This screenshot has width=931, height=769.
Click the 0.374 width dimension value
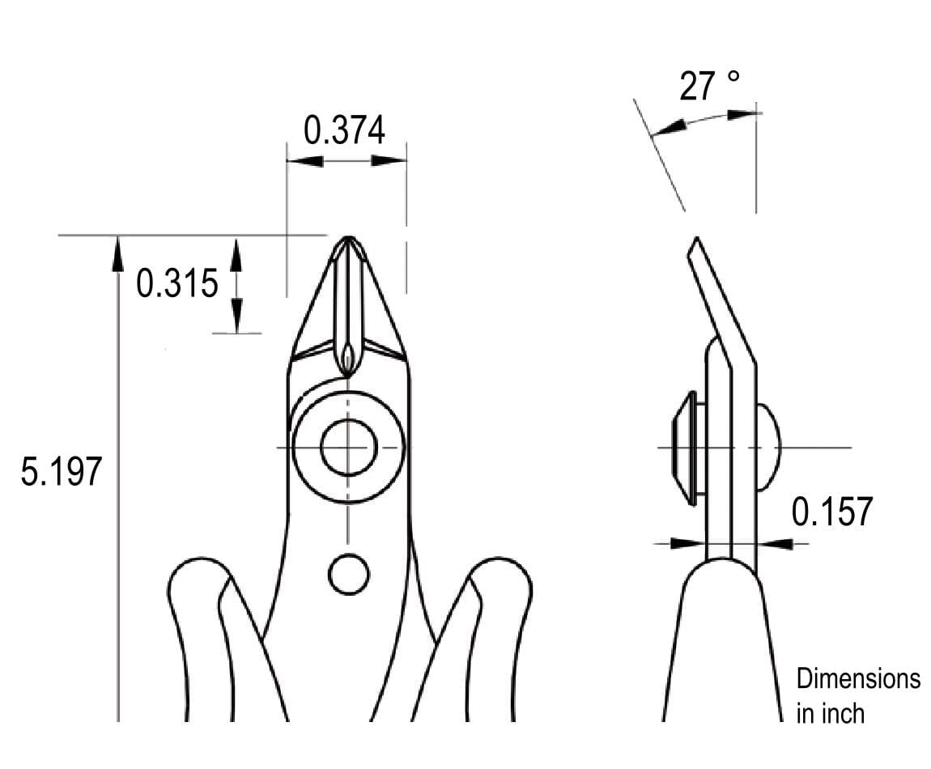344,130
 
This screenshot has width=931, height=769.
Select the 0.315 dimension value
177,283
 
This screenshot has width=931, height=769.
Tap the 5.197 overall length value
62,471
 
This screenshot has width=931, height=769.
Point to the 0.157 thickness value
832,512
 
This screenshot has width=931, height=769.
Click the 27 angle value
698,87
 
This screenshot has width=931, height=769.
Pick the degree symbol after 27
733,77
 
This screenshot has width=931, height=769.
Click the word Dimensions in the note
858,678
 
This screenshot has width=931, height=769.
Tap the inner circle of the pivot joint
349,447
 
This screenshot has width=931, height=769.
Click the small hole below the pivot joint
349,574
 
